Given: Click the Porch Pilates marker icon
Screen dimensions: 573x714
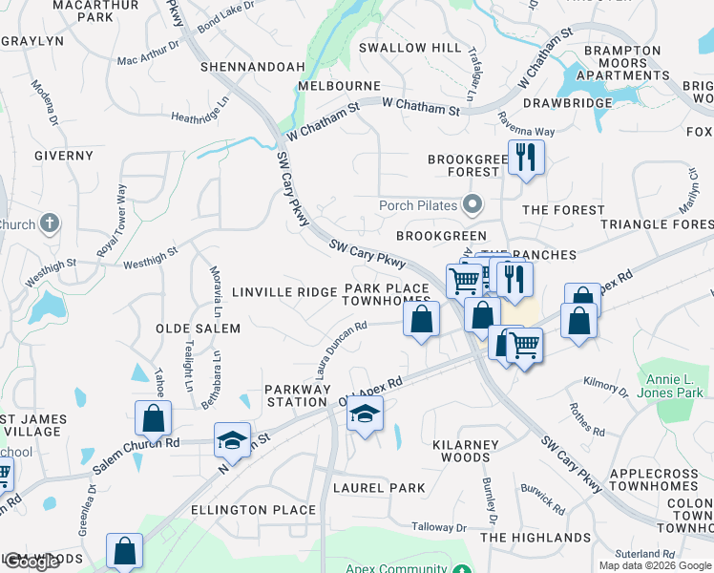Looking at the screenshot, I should point(471,203).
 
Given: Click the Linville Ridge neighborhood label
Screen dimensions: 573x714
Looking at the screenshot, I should point(283,291).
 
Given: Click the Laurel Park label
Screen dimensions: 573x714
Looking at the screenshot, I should point(379,488).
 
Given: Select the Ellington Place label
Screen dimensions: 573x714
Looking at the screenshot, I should point(253,510).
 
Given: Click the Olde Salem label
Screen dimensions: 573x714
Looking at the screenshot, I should point(198,329).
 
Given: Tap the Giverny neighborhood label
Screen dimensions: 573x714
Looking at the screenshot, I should point(63,155).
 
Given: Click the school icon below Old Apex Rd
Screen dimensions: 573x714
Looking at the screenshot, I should point(364,414).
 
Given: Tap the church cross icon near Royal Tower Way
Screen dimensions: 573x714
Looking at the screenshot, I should point(50,224).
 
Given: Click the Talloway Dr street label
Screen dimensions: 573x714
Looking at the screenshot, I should point(439,527).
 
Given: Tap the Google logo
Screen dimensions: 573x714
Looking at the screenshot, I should point(31,562).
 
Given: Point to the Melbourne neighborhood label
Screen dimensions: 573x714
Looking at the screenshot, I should point(339,86).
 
